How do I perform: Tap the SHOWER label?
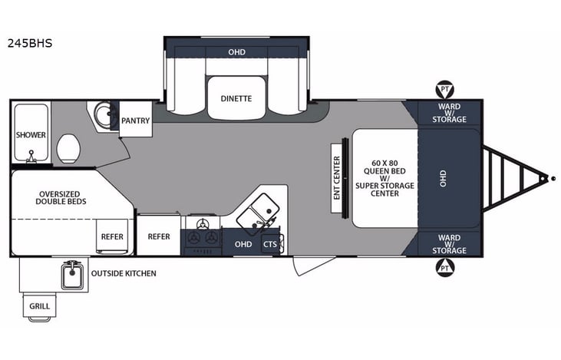click(31, 135)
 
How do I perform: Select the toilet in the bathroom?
click(69, 146)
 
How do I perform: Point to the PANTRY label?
click(135, 121)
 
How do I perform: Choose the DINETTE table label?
click(236, 98)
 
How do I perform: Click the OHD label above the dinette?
click(236, 53)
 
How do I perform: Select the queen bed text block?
click(384, 177)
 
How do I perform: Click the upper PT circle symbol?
click(443, 89)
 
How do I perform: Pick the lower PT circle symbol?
click(443, 267)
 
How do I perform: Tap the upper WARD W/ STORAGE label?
click(449, 113)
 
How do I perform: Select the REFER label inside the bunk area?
click(112, 237)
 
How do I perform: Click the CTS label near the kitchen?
click(269, 244)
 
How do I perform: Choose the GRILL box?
click(40, 306)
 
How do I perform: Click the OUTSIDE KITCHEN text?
click(124, 273)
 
